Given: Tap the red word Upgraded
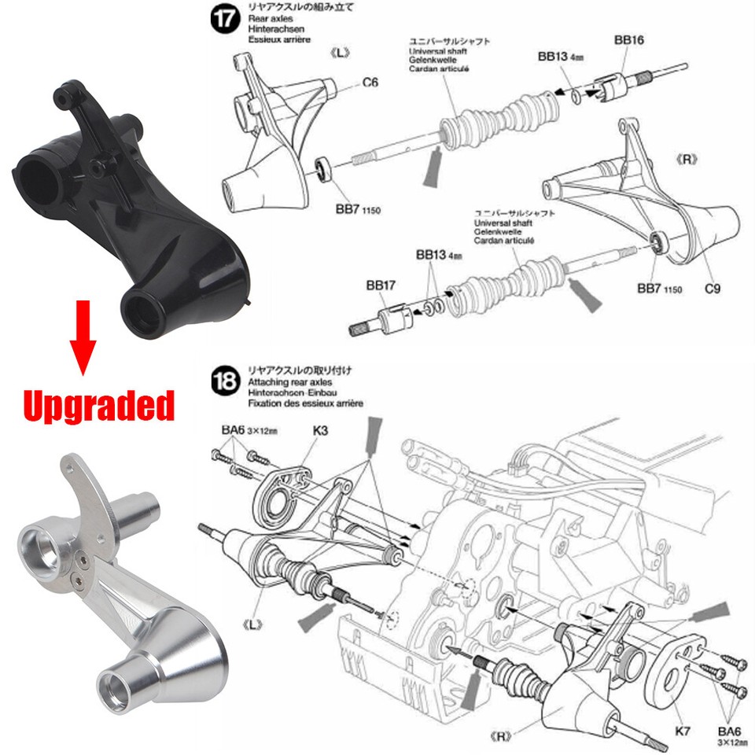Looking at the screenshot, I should (98, 406).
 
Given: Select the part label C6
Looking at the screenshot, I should (370, 82).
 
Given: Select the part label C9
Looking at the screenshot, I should (713, 289).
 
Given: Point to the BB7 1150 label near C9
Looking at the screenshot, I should (659, 289).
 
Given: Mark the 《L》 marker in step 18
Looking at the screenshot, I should (253, 624).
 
